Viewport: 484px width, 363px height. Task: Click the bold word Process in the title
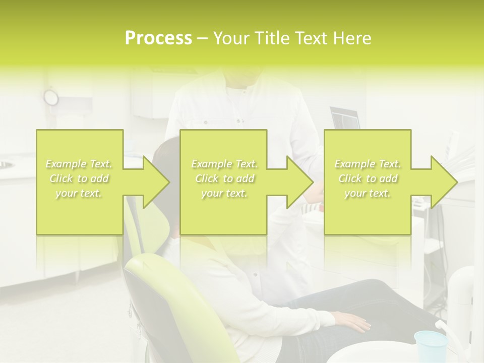[158, 38]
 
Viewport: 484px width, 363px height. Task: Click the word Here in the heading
[352, 38]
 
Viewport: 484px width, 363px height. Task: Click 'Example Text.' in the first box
[79, 164]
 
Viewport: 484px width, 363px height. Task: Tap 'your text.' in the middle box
[224, 194]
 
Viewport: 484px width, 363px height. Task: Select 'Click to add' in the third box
[368, 179]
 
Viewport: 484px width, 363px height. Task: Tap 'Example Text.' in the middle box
[224, 164]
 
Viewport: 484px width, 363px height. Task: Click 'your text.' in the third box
[368, 194]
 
